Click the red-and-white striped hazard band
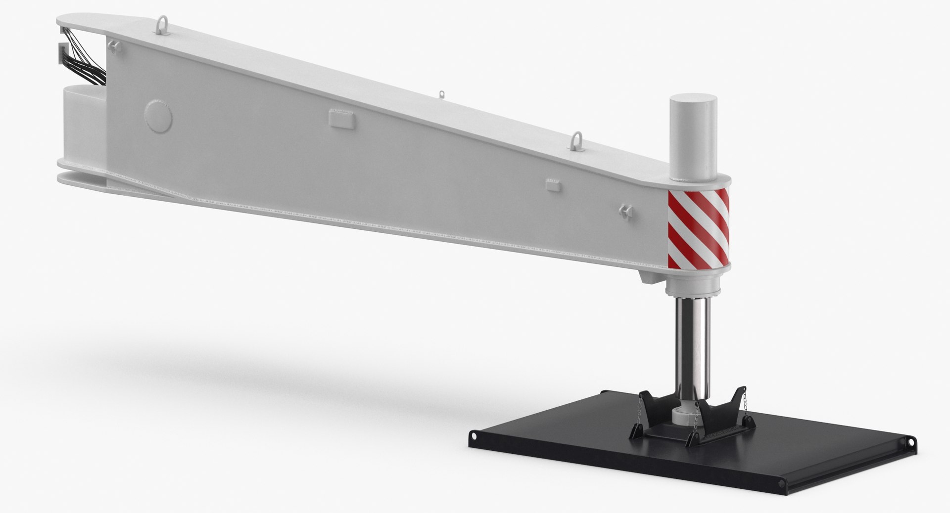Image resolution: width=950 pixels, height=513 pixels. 698,228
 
